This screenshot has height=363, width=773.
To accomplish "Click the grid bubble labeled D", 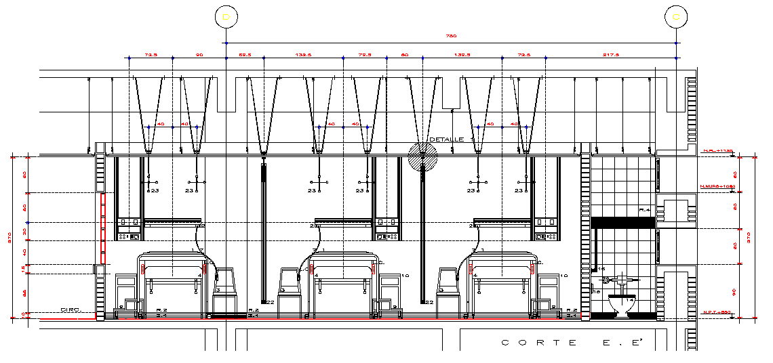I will coord(225,16).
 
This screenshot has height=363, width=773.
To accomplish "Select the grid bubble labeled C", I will coord(675,16).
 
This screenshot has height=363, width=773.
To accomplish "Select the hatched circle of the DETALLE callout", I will coord(422,157).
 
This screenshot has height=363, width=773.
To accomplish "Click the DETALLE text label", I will coord(446,140).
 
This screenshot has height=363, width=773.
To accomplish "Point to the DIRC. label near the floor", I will coord(70,309).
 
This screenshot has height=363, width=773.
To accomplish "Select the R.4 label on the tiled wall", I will coord(645,211).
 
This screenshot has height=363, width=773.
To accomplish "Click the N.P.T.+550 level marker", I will coord(716,312).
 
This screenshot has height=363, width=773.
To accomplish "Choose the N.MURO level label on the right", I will coord(717,186).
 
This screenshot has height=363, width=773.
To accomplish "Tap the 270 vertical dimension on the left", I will coord(9,238).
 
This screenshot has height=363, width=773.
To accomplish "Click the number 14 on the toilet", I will coord(629,299).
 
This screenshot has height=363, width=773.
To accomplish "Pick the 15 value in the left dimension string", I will coord(24,269).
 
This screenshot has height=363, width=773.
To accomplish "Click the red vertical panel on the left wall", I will coord(103,228).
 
